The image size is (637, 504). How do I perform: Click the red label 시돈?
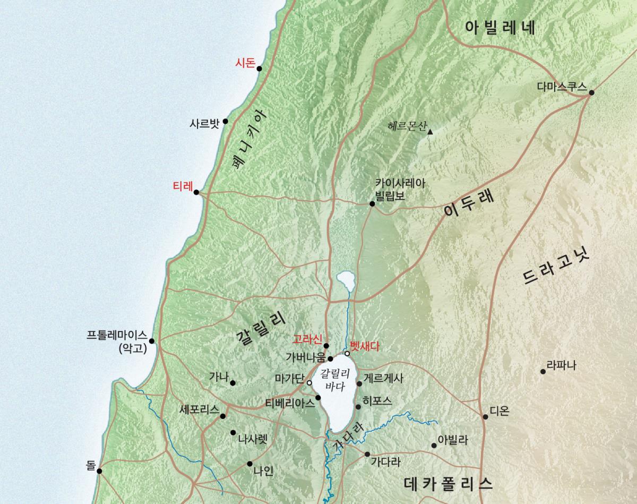tap(245, 63)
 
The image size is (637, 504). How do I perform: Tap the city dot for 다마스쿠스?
tap(591, 92)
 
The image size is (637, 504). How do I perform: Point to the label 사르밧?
tap(204, 123)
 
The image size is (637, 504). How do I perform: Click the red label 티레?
tap(182, 186)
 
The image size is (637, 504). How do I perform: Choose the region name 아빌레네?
tap(500, 28)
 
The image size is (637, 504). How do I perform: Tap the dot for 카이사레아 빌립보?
tap(372, 203)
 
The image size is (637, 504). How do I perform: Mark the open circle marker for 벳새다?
tap(347, 353)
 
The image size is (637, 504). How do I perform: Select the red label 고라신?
tap(307, 339)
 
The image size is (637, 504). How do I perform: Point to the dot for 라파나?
tap(543, 371)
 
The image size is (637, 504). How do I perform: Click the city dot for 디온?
tap(485, 416)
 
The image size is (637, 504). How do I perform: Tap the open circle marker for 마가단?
tap(309, 382)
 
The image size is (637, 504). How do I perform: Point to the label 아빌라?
tap(453, 440)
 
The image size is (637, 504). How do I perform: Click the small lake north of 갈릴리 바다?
tap(345, 278)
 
